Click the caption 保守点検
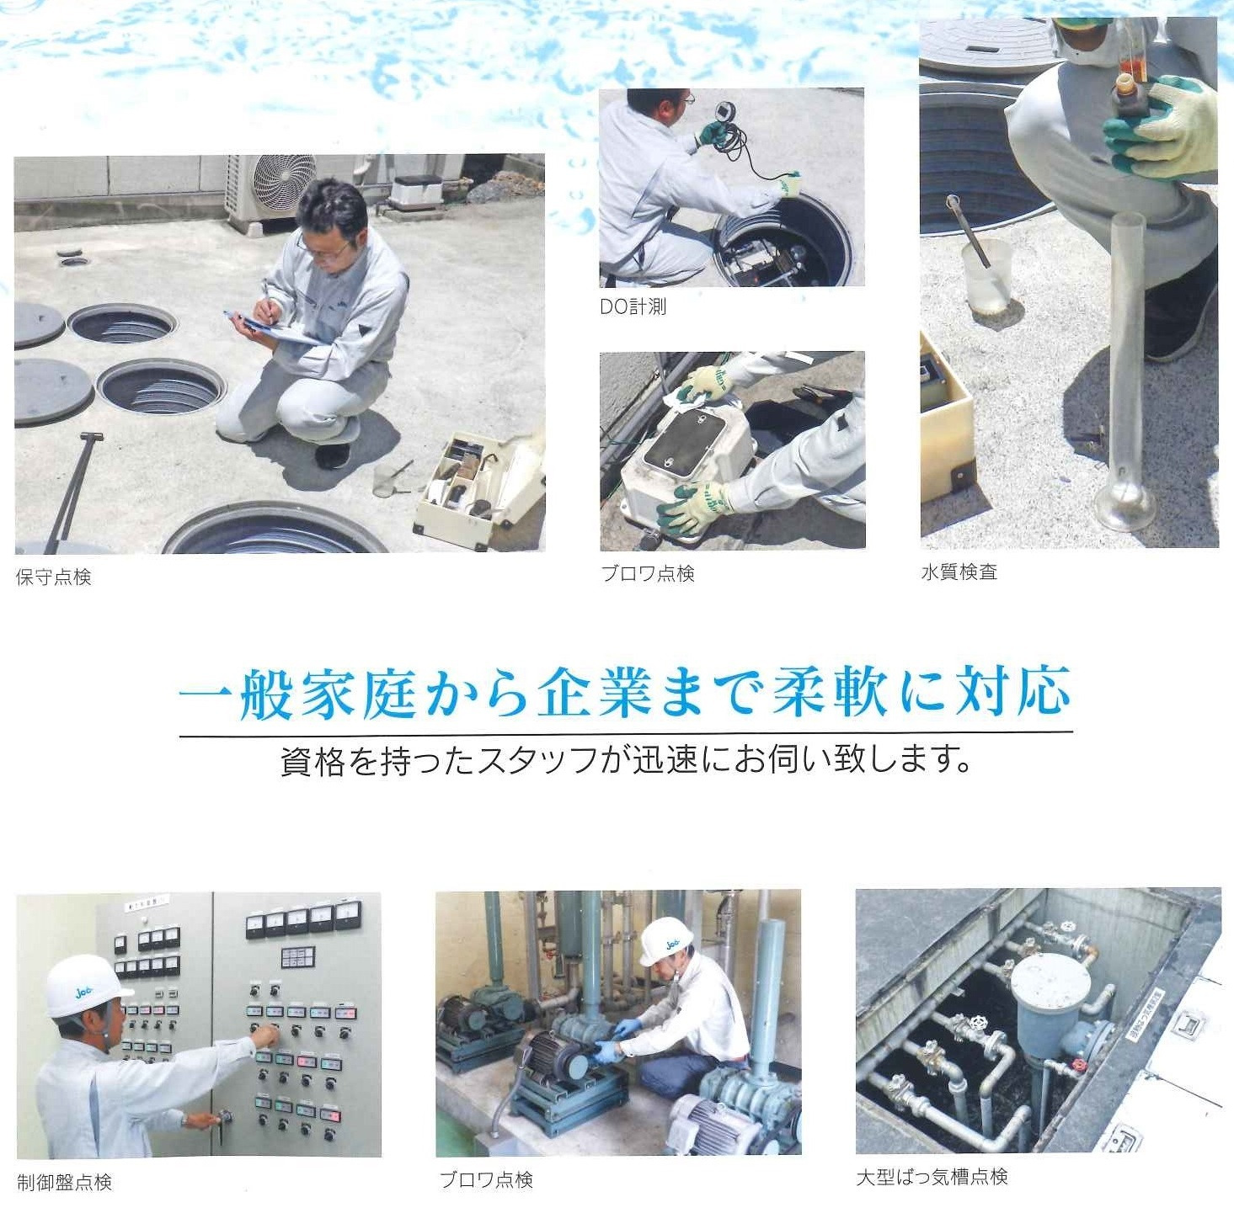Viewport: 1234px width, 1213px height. [x=54, y=577]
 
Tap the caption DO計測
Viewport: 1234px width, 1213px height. [x=633, y=307]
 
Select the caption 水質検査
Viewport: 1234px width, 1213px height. [x=959, y=572]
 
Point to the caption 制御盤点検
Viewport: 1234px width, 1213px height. [x=64, y=1182]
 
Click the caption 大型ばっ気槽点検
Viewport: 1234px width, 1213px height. [x=932, y=1177]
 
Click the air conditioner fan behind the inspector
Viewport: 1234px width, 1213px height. [x=285, y=184]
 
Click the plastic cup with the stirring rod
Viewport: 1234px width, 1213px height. [x=987, y=275]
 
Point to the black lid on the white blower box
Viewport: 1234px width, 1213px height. [x=684, y=437]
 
